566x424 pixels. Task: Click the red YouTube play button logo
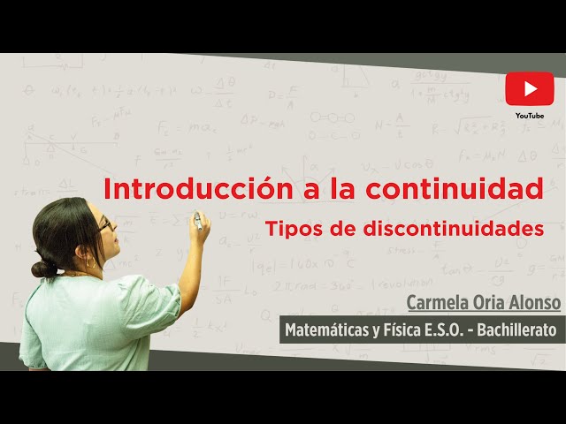(x=530, y=89)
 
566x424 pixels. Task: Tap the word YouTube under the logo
(x=530, y=115)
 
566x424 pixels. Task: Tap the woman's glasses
(x=105, y=225)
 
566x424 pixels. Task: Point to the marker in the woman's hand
(x=197, y=221)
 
